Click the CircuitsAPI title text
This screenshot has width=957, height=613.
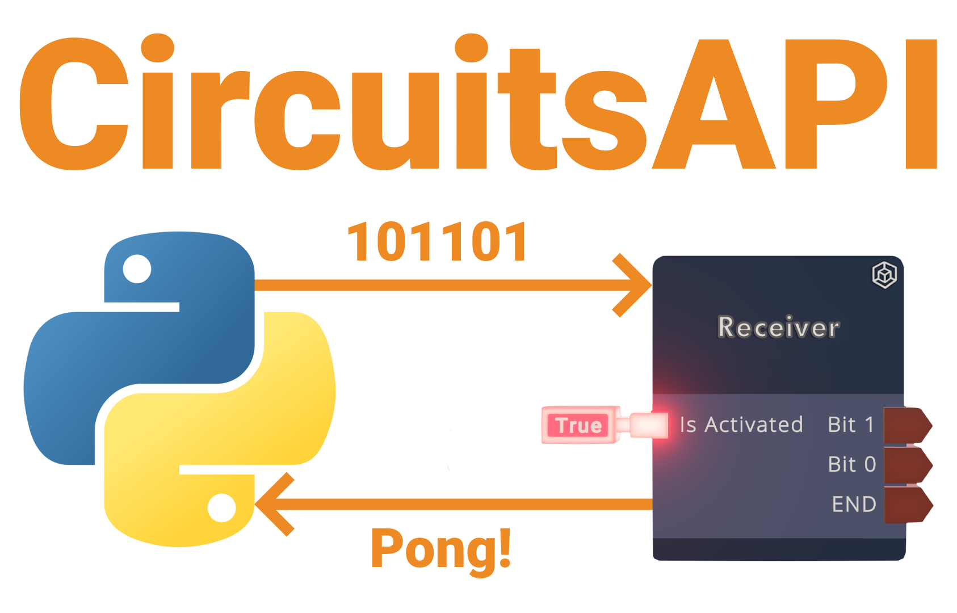(478, 105)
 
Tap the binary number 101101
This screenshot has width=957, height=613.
(437, 242)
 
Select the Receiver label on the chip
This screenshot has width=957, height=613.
(778, 328)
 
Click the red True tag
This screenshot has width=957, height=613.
(578, 425)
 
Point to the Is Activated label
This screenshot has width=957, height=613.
(741, 425)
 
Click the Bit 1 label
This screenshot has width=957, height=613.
(850, 425)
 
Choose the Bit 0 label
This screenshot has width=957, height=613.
(851, 464)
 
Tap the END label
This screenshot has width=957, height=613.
(854, 504)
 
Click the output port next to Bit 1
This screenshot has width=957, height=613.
(907, 425)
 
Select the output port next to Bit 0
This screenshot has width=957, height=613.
(907, 465)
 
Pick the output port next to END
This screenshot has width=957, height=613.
(907, 504)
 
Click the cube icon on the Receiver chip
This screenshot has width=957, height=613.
(884, 275)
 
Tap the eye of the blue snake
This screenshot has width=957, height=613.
(137, 268)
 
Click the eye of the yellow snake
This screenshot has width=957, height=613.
(221, 507)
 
